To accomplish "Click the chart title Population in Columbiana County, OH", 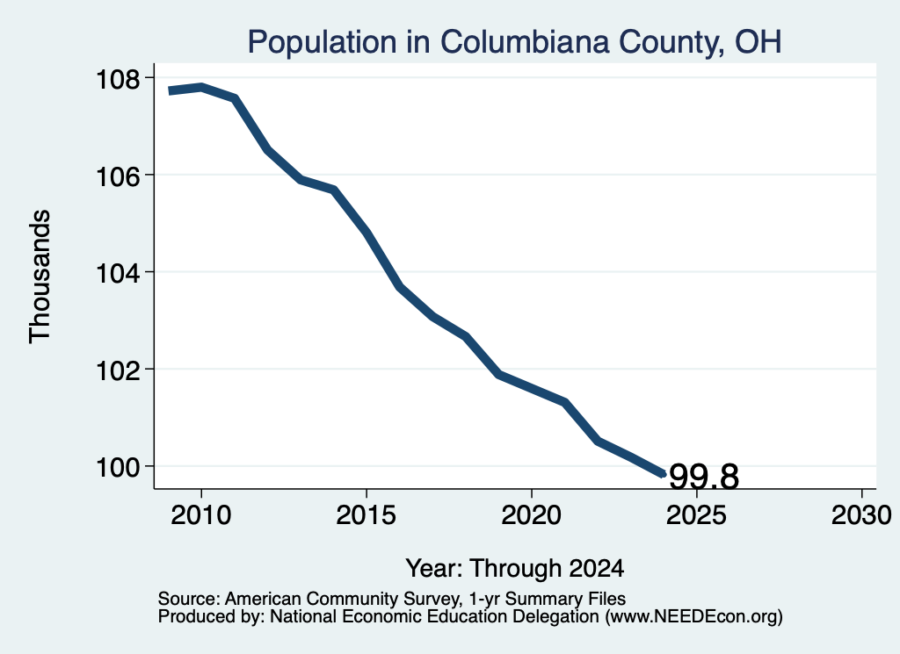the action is (x=514, y=42).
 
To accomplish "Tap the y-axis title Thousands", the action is (x=40, y=277).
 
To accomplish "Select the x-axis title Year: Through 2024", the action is (x=514, y=568).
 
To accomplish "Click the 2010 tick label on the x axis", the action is (x=201, y=514).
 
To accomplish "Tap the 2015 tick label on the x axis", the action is (x=367, y=514).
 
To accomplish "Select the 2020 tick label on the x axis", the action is (x=532, y=514).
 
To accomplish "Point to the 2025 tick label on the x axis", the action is (x=696, y=514).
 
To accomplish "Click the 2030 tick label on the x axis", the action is (x=861, y=514).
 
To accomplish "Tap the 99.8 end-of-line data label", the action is (x=704, y=477).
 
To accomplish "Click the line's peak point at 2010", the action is (x=201, y=87).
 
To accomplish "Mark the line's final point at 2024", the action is (x=663, y=474).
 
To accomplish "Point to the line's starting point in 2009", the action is (x=170, y=90).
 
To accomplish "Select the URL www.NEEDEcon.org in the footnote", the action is (x=693, y=617).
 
